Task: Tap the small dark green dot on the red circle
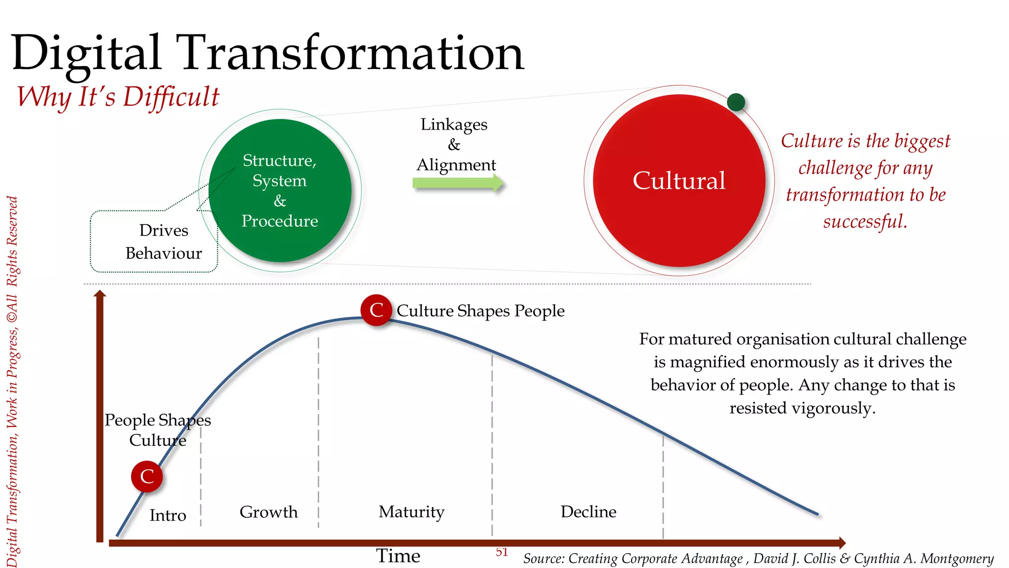pos(736,103)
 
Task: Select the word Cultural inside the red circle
pos(679,180)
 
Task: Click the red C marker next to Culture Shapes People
pos(376,310)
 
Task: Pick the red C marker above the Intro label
pos(147,476)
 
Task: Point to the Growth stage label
pos(269,512)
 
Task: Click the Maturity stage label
pos(411,512)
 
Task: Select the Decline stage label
pos(588,512)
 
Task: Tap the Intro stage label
pos(168,515)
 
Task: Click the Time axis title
pos(398,556)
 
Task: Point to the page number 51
pos(502,552)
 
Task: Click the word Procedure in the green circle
pos(280,221)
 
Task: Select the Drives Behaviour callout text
pos(164,242)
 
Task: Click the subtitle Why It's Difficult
pos(118,97)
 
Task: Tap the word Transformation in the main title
pos(352,53)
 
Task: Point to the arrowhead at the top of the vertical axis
pos(100,293)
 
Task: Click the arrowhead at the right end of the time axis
pos(842,543)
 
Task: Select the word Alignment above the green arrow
pos(456,165)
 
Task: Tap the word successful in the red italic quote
pos(865,221)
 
